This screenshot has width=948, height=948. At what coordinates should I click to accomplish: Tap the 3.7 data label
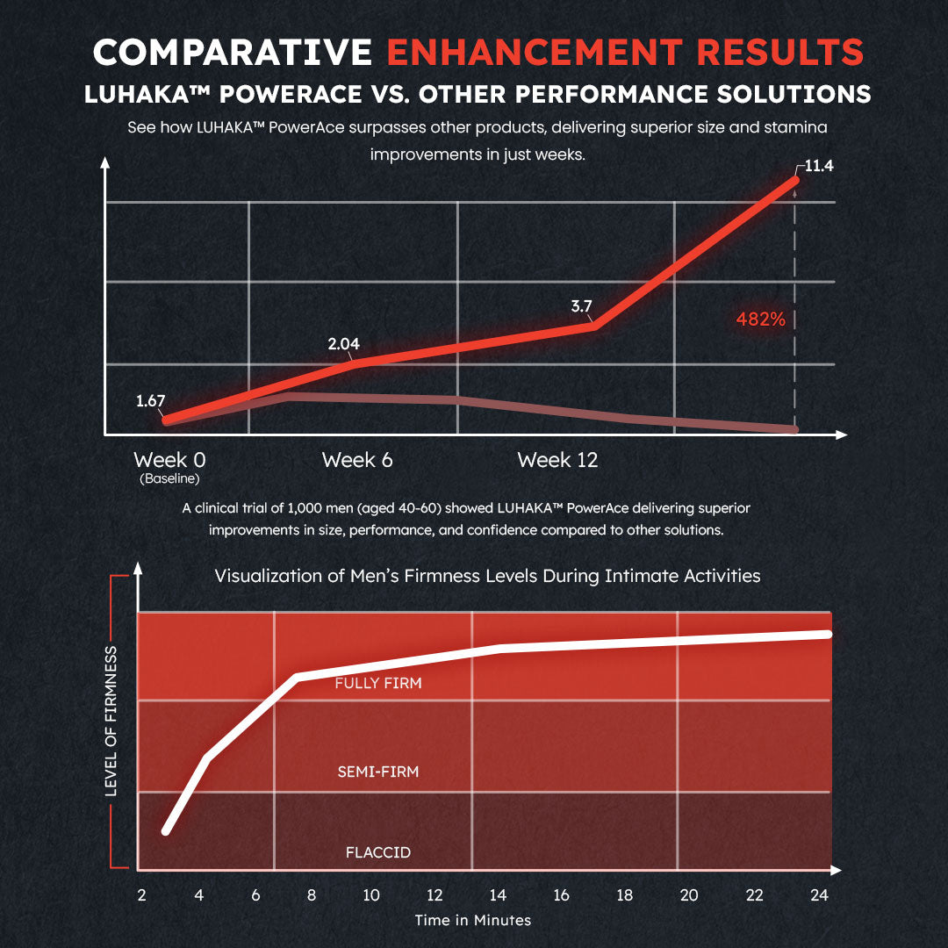582,306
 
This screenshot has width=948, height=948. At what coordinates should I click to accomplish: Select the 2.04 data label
344,344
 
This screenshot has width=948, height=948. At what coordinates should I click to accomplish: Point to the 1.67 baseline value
151,401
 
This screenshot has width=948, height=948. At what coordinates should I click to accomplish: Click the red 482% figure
760,320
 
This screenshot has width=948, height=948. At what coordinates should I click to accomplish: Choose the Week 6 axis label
357,460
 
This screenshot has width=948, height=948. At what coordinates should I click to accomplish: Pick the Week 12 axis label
557,460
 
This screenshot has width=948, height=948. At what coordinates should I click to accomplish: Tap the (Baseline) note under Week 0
169,479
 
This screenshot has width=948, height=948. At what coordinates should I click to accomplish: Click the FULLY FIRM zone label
378,683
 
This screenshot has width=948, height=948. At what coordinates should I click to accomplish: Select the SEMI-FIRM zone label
378,772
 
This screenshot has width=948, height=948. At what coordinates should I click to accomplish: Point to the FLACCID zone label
378,852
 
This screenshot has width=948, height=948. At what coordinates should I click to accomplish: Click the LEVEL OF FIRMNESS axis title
111,722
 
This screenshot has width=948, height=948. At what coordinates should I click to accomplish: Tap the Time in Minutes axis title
473,920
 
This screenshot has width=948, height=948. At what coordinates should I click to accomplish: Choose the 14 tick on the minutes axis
498,895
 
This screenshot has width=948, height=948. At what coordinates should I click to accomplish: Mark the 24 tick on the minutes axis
820,895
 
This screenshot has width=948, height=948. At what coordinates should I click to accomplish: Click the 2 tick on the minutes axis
141,895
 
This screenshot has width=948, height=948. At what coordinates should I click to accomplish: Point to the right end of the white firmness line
827,634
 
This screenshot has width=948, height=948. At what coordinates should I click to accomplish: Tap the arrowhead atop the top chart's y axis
105,162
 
